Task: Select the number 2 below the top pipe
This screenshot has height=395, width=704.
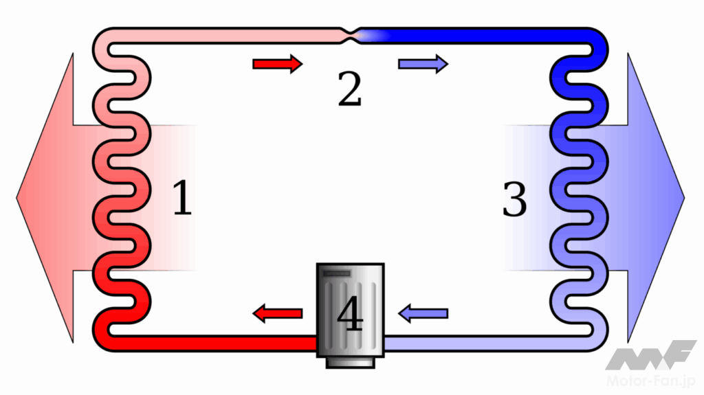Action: (x=349, y=88)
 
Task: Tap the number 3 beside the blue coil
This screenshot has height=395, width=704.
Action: (x=514, y=199)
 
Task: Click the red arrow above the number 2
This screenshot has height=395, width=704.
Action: (x=277, y=64)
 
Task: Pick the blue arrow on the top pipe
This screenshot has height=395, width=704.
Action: (x=423, y=64)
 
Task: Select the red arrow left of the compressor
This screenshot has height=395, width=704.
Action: (x=278, y=314)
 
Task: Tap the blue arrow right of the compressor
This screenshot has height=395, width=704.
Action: (x=423, y=314)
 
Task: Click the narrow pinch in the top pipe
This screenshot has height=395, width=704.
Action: (x=352, y=32)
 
